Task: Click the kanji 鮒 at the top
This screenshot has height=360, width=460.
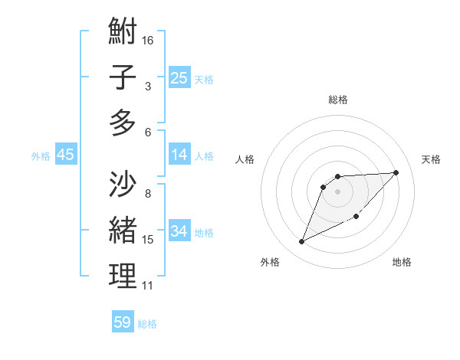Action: tap(123, 31)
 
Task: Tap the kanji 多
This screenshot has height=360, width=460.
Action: tap(123, 123)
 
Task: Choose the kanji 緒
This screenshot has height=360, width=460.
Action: tap(123, 230)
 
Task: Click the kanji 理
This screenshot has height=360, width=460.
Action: tap(123, 277)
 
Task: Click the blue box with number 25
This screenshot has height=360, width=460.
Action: tap(179, 77)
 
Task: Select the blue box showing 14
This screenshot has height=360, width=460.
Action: tap(179, 155)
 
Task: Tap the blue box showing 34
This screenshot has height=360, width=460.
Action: tap(179, 231)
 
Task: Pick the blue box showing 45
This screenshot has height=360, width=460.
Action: tap(66, 155)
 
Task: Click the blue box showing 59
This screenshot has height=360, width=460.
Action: tap(123, 322)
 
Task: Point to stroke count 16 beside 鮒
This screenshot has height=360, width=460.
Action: tap(149, 40)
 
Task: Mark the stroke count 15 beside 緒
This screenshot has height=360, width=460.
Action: tap(148, 240)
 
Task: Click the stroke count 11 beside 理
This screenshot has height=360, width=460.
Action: tap(148, 286)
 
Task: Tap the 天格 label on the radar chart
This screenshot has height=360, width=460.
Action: tap(431, 159)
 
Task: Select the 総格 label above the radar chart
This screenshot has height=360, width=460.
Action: tap(338, 100)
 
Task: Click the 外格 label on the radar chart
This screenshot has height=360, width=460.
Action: tap(270, 262)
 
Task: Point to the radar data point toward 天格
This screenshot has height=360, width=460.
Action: tap(396, 172)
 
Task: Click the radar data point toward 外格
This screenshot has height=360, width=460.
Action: tap(301, 242)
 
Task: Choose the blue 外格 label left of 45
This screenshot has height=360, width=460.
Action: tap(41, 155)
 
